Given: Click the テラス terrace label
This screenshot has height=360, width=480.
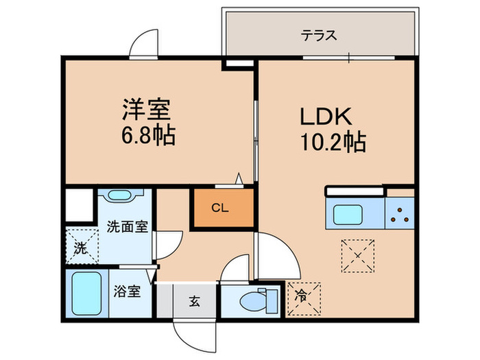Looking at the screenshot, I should (x=320, y=35).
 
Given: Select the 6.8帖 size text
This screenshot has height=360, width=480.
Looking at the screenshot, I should (x=147, y=134).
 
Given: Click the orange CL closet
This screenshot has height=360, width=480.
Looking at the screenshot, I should (x=220, y=207).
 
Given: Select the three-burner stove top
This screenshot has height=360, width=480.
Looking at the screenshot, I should (x=399, y=215).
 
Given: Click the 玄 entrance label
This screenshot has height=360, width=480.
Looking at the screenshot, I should (x=194, y=301).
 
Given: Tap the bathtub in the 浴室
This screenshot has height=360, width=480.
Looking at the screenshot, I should (x=87, y=293).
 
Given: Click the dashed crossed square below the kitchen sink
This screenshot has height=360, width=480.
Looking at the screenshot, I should (x=357, y=256).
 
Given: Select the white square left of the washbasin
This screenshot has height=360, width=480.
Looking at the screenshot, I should (x=80, y=204).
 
